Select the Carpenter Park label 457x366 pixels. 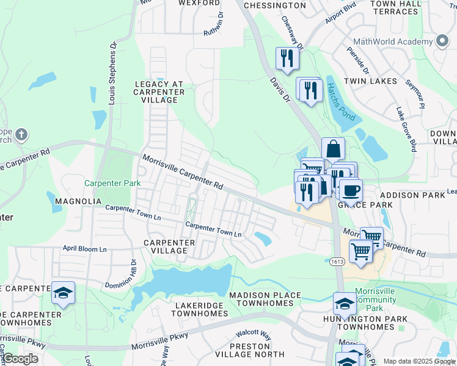coord(112,183)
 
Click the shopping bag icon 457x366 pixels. coord(333,148)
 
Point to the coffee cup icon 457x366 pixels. coord(351,190)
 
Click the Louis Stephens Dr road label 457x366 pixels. coord(112,73)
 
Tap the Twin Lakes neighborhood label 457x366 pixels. coord(370,81)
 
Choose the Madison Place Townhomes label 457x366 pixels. coord(265,299)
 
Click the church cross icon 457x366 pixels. coord(21,134)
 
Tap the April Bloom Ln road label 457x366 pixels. coord(84,249)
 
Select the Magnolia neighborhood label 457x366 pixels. coord(78,201)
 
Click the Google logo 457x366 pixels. coord(20,359)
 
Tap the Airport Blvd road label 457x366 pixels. coord(340,12)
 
